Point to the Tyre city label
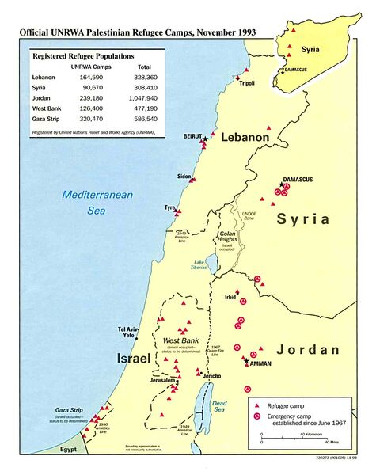click(169, 207)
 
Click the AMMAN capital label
click(260, 364)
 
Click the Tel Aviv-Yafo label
click(131, 332)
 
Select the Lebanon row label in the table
click(44, 77)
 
